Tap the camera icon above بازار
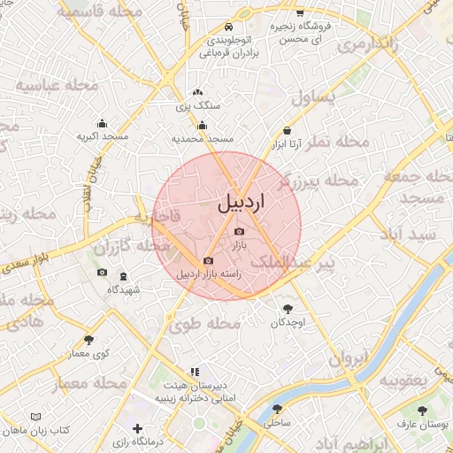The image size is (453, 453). pos(239,232)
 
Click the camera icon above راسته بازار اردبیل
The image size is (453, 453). pos(208,261)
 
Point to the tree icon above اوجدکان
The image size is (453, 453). pos(288,309)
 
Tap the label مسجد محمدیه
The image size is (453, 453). pos(203,139)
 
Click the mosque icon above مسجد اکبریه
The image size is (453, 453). pos(103,124)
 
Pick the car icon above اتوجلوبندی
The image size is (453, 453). pos(228,27)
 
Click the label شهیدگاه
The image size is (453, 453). pos(124,289)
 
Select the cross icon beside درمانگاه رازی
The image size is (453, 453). pos(136,429)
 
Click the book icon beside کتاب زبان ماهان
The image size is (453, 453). pos(35,417)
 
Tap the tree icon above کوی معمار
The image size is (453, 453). pos(88,340)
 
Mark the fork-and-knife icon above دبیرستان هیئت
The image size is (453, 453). pos(194,372)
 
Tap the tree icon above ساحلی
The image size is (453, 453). pos(277,410)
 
